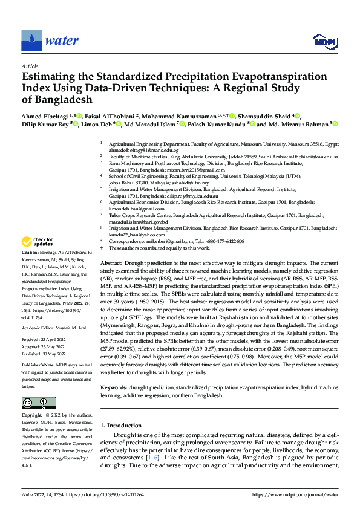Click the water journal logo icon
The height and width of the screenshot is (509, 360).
click(31, 41)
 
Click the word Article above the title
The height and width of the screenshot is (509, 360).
click(30, 66)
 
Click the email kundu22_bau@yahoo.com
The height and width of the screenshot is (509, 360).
click(133, 234)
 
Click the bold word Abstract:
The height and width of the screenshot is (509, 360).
click(111, 264)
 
